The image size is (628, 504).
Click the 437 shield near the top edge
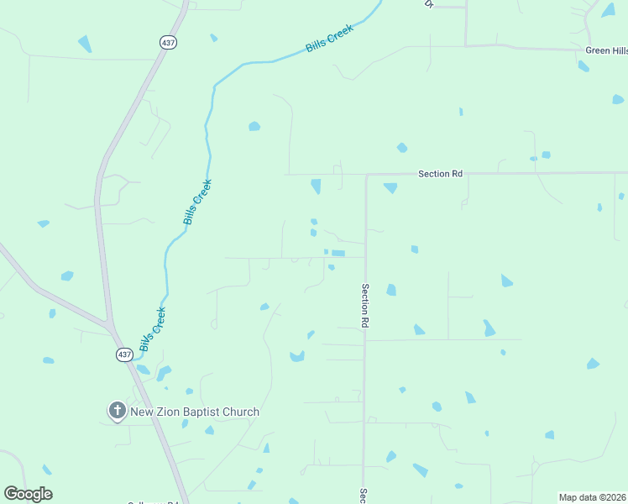170,42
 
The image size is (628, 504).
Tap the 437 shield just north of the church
123,355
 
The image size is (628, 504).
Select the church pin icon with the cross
117,412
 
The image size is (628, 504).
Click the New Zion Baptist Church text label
195,412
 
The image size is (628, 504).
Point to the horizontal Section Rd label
441,174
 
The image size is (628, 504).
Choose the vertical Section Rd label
366,305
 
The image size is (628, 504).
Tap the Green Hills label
605,50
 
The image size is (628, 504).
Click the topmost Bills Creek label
330,39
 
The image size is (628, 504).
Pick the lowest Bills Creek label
153,329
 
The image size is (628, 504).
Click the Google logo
28,494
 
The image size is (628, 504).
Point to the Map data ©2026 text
592,497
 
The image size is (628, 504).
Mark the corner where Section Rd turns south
367,175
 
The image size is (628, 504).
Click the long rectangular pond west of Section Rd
338,253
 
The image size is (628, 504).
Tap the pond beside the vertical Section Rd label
391,290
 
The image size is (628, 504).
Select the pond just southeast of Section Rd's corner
390,187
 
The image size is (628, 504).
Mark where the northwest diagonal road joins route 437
109,323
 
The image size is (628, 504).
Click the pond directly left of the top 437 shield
84,43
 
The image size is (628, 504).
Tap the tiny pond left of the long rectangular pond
326,251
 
